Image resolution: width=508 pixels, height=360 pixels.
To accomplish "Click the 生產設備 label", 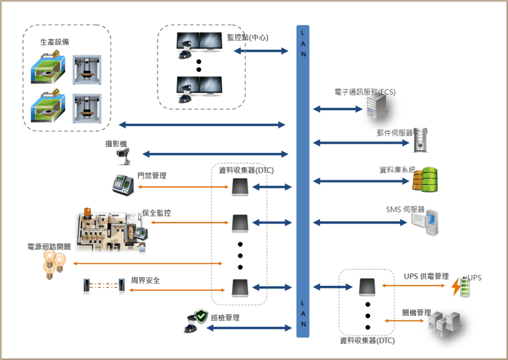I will point(54,42).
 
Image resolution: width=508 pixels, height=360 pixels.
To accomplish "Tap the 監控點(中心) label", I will point(247,37).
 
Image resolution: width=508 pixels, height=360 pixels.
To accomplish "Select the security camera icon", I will point(124,155).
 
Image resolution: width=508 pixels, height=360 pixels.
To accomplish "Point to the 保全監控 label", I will point(156,213).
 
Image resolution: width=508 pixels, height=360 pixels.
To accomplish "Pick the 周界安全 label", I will point(145,280).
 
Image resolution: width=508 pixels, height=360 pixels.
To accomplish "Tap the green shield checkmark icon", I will point(201,318).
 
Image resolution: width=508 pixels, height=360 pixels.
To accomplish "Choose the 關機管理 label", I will point(416,313).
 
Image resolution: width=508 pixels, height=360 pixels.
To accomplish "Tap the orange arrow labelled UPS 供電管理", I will point(415,285).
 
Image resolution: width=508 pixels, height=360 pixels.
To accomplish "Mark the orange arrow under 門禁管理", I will point(183,188).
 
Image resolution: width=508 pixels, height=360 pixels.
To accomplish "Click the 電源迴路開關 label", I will point(49,247).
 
